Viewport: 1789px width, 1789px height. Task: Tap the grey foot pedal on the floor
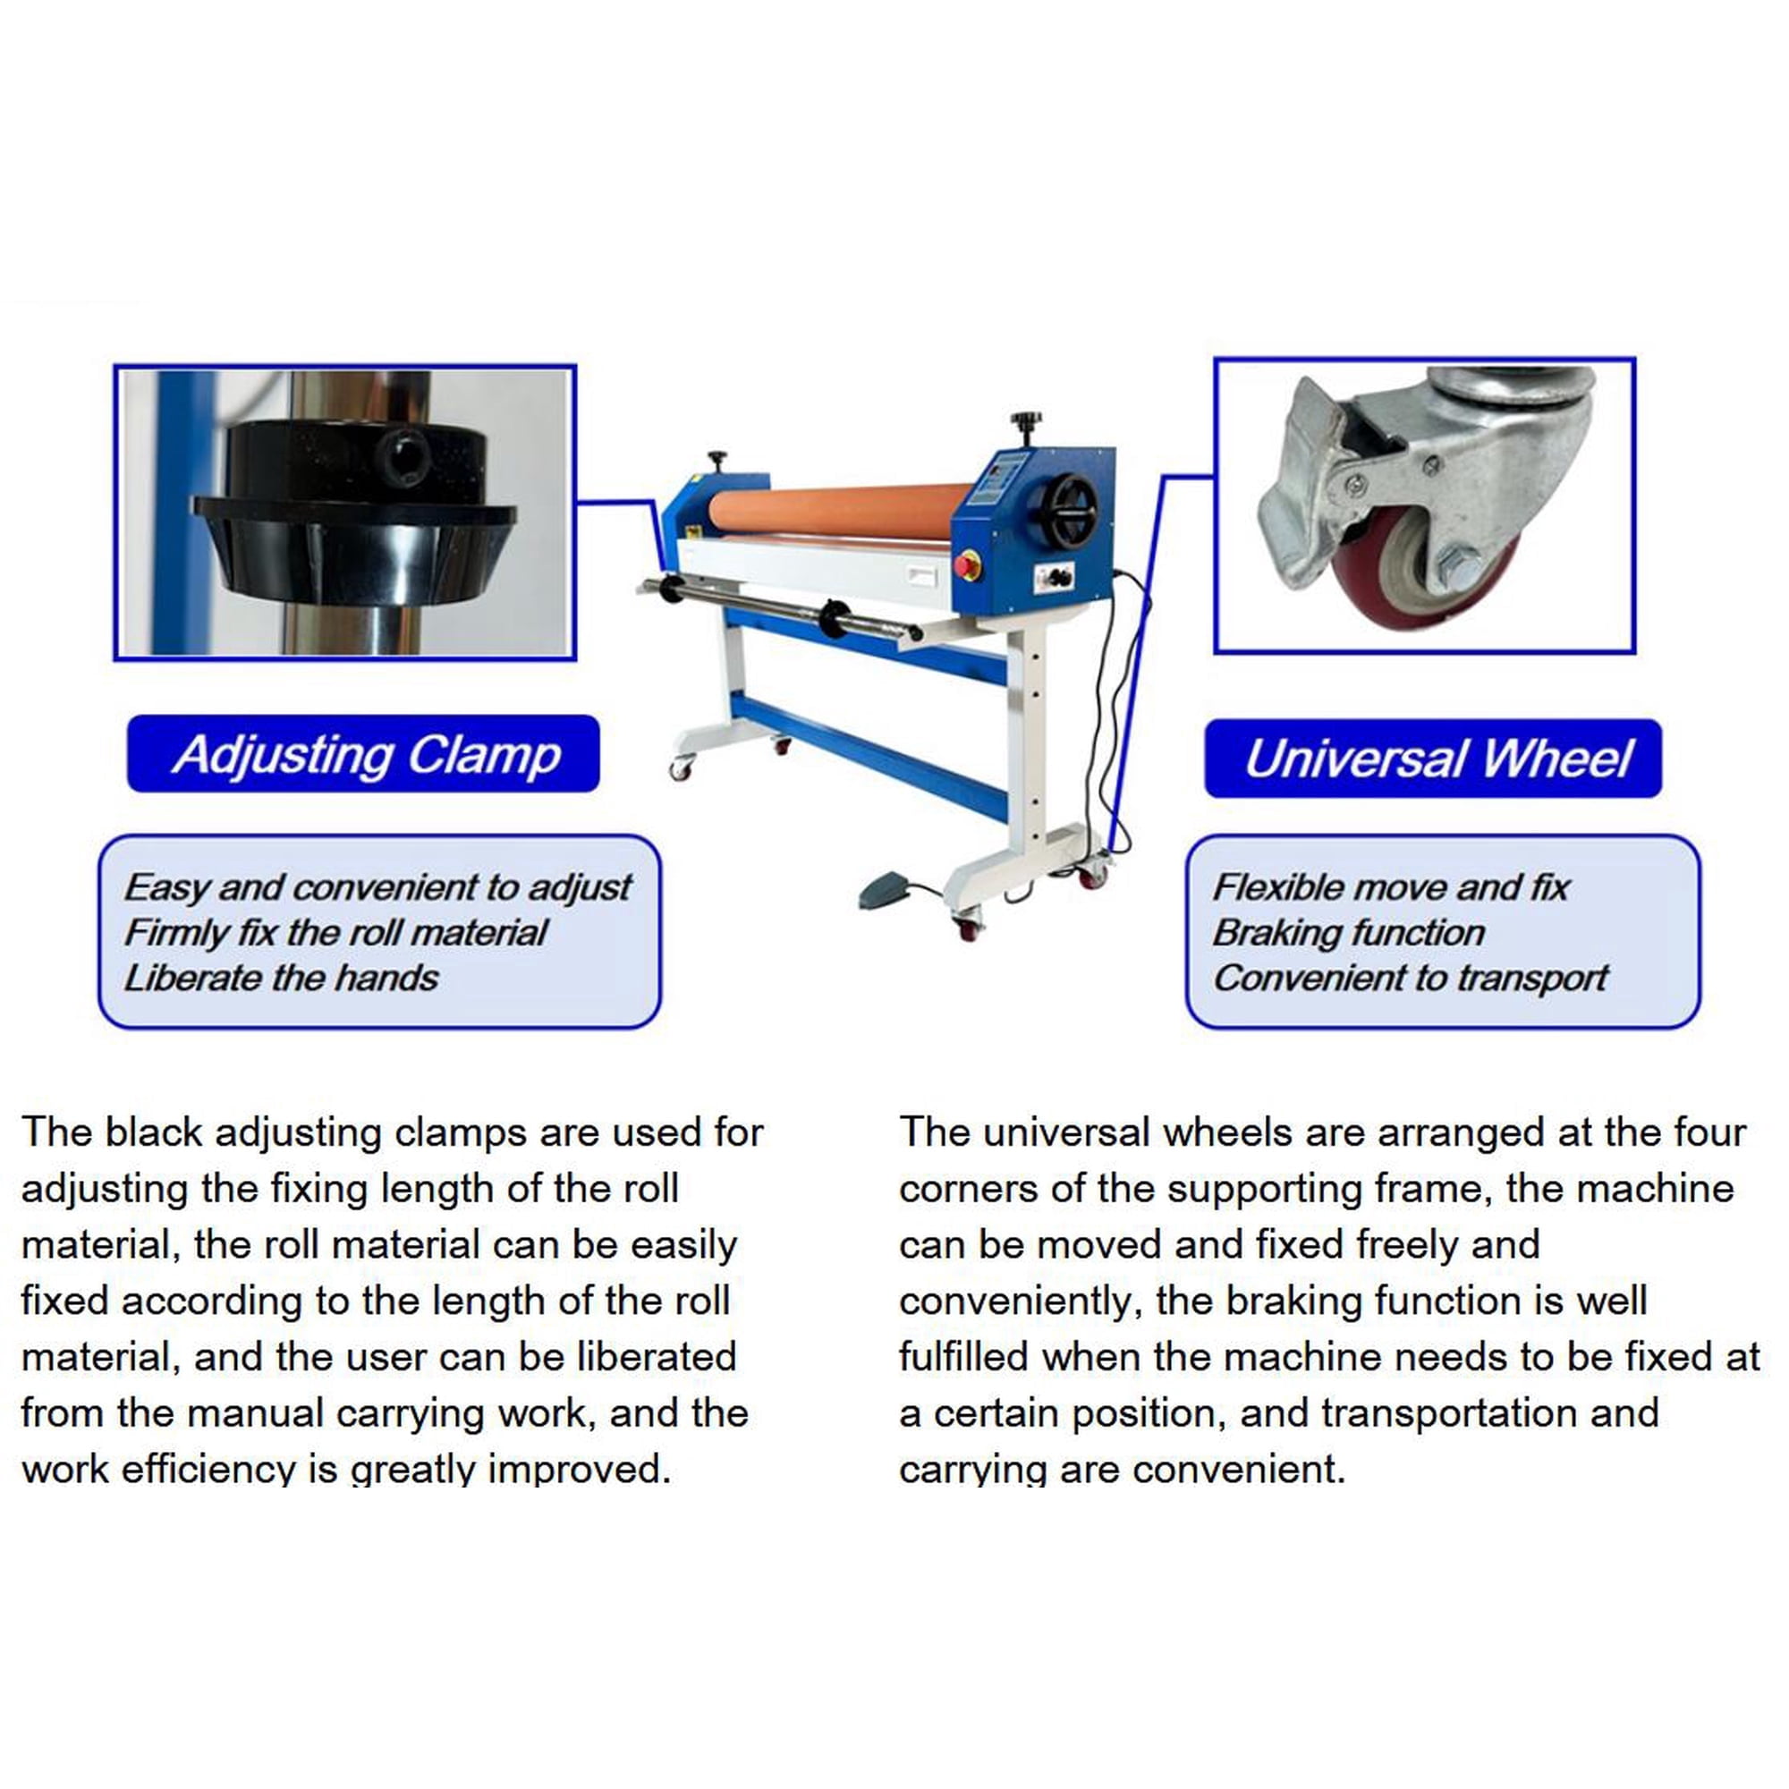tap(888, 889)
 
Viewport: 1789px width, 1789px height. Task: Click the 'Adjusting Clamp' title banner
tap(363, 754)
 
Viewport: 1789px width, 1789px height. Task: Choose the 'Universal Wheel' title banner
tap(1432, 759)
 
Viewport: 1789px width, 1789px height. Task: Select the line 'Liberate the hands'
tap(282, 979)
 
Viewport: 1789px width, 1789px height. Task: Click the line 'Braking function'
tap(1348, 933)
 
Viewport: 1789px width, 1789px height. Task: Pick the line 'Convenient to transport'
tap(1411, 979)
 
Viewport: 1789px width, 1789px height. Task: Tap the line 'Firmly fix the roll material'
tap(336, 933)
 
